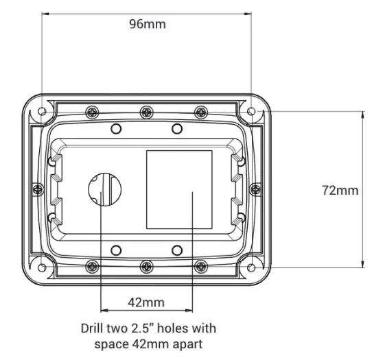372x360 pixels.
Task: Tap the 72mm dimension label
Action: coord(340,190)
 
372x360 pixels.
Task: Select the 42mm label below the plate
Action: coord(146,302)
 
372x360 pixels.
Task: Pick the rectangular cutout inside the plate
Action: coord(179,189)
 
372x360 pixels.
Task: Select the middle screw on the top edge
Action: coord(146,112)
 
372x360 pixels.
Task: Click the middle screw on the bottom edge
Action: coord(146,265)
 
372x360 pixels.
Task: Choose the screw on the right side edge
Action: coord(255,189)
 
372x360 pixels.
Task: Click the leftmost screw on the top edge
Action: coord(91,112)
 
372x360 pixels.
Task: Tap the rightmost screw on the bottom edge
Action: coord(200,265)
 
